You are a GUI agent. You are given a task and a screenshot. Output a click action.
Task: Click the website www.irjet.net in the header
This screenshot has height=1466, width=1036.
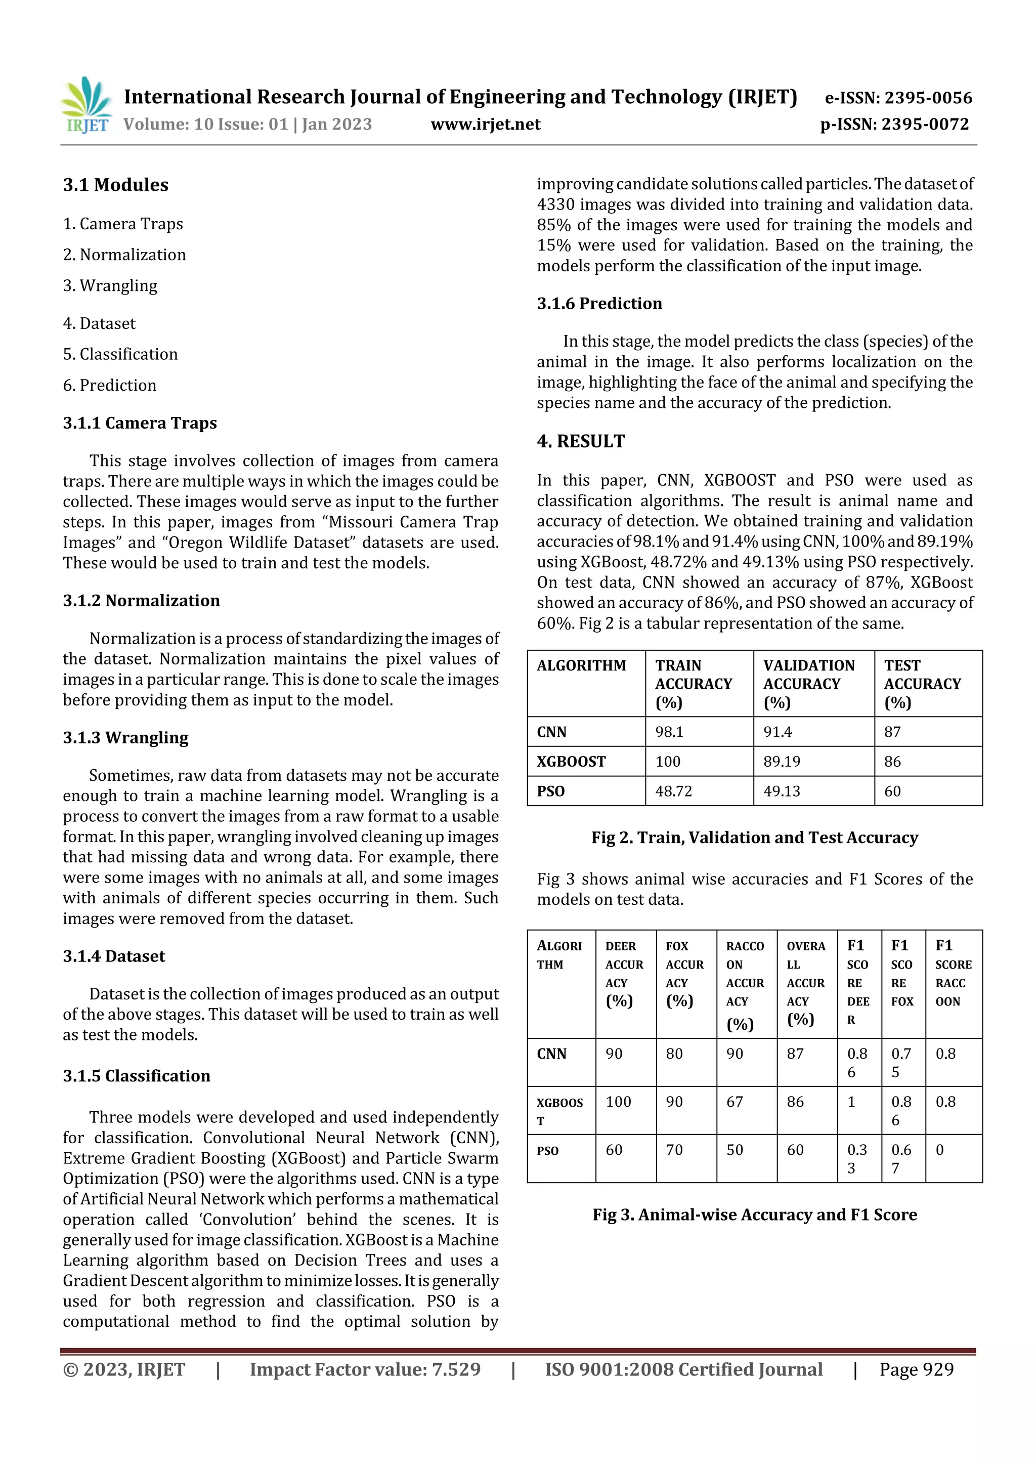[x=485, y=124]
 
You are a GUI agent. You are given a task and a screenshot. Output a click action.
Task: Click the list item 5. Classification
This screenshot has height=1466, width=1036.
[x=120, y=354]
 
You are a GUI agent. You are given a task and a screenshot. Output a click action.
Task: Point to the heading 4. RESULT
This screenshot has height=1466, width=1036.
[x=580, y=441]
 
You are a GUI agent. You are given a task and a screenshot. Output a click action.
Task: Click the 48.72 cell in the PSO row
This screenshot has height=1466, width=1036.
[x=673, y=791]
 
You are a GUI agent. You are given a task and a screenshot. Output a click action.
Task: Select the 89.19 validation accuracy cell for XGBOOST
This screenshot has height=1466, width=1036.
[x=782, y=762]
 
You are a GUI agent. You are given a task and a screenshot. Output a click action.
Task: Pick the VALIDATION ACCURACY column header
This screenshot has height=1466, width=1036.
[x=808, y=683]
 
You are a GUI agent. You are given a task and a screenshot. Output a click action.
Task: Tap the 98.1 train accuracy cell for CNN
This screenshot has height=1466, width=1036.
[x=669, y=732]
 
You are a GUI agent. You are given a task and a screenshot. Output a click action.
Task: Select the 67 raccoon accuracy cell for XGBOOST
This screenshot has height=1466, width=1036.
[x=735, y=1102]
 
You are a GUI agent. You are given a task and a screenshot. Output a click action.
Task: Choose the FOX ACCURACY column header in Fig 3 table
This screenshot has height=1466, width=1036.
[x=684, y=973]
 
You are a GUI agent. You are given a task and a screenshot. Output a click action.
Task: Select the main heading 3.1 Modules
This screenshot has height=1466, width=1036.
[x=115, y=185]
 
